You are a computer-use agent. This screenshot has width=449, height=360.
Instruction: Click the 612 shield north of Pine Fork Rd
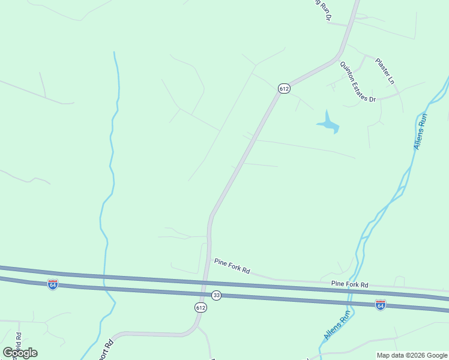[x=285, y=88]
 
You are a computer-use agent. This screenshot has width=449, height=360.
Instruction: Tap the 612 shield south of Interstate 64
[x=200, y=307]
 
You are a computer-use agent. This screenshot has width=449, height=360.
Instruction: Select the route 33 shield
[x=217, y=296]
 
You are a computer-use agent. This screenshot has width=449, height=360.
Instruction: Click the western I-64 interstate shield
[x=53, y=284]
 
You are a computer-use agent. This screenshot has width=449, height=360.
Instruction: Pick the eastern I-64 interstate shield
[x=380, y=305]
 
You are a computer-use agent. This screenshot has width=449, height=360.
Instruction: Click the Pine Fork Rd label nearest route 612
[x=232, y=265]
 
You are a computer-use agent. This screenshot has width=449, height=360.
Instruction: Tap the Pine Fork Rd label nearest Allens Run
[x=349, y=284]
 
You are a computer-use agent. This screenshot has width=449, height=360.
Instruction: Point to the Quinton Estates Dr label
[x=357, y=82]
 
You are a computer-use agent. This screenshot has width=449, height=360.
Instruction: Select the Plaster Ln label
[x=385, y=70]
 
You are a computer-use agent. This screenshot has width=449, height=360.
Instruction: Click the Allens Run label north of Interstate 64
[x=420, y=131]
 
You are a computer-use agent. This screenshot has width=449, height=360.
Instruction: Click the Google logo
[x=20, y=353]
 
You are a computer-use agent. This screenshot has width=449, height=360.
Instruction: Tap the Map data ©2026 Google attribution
[x=412, y=355]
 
